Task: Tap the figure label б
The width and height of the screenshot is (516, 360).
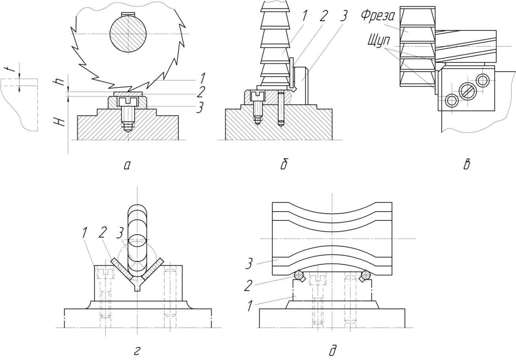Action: pos(284,165)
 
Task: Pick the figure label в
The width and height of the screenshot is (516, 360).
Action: pos(467,165)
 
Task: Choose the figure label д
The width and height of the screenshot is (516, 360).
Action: pos(332,351)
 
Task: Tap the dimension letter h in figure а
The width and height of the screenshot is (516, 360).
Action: pos(60,80)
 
